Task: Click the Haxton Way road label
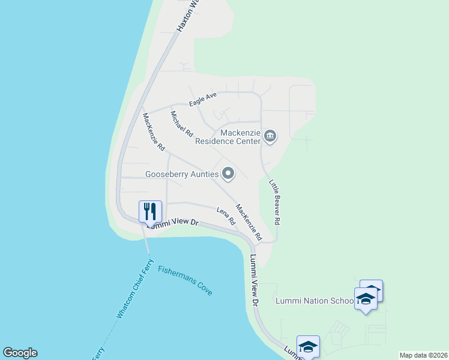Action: tap(187, 16)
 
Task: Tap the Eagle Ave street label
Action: tap(202, 100)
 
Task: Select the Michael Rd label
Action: tap(181, 124)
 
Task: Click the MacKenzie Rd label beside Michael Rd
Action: tap(154, 131)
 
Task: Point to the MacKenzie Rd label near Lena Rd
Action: tap(249, 223)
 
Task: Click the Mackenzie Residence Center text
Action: tap(228, 137)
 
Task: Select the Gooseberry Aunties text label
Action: tap(181, 175)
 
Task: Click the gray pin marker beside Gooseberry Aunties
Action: tap(228, 174)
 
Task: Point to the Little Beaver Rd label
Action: tap(274, 202)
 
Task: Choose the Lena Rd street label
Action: tap(226, 216)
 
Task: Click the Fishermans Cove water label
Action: tap(185, 280)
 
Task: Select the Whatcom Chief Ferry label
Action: tap(136, 289)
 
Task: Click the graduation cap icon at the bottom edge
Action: tap(308, 346)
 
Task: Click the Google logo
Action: tap(20, 353)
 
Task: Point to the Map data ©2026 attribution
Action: tap(423, 355)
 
